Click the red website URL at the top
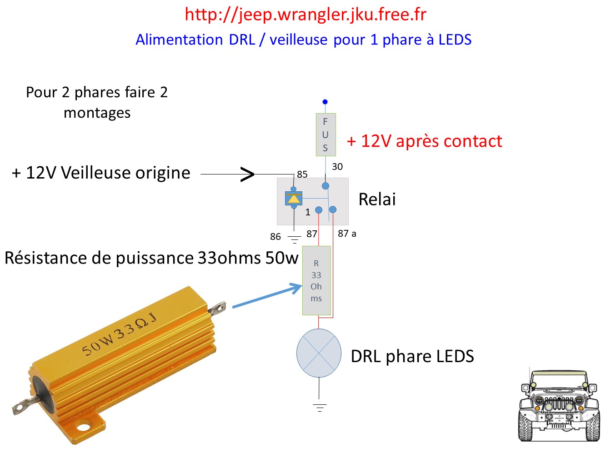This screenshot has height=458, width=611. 305,15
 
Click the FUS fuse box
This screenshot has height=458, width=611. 326,134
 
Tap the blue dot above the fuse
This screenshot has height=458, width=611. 325,102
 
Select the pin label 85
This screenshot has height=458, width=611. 302,174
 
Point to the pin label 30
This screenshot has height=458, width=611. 337,167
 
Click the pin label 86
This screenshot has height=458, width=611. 275,237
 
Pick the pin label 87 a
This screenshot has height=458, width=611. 347,234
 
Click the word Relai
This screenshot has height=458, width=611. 377,199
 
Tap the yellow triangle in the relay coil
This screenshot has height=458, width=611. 294,199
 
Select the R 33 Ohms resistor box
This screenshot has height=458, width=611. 316,280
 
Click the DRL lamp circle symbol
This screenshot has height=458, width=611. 319,353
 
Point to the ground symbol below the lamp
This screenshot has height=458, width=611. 320,408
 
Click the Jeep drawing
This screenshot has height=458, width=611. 559,406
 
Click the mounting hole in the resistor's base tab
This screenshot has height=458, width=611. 83,426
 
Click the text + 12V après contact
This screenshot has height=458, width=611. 424,141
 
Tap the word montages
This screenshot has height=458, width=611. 97,113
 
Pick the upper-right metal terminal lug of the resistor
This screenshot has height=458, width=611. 218,308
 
